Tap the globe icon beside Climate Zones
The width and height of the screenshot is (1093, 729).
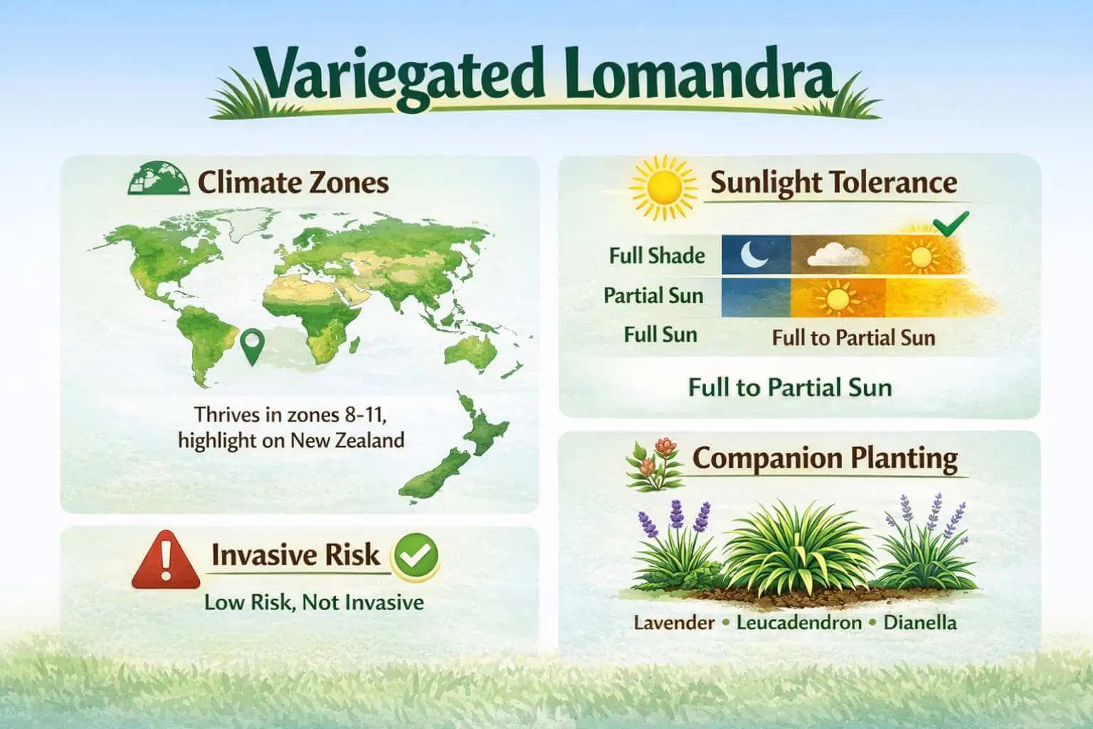(x=157, y=179)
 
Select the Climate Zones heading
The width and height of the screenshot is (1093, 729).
(x=292, y=182)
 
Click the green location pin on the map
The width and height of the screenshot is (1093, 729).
(x=251, y=346)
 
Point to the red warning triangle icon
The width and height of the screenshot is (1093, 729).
(x=166, y=560)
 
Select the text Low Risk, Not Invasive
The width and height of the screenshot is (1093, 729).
(x=314, y=602)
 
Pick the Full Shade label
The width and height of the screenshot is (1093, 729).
(x=657, y=256)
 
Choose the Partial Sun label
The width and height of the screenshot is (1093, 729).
(x=653, y=295)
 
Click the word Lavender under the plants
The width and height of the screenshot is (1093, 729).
(x=674, y=623)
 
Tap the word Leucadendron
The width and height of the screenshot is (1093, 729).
(x=799, y=623)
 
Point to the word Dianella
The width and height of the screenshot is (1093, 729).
(x=920, y=623)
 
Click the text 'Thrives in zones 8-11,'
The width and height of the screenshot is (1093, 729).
(x=291, y=414)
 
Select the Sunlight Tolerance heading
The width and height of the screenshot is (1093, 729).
(x=833, y=183)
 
